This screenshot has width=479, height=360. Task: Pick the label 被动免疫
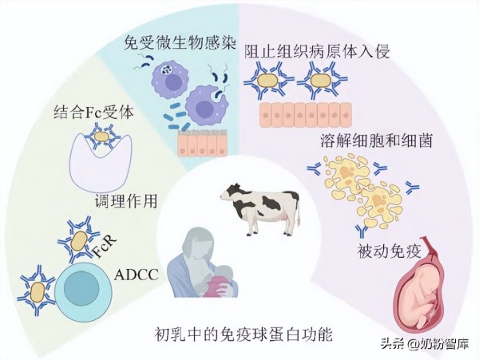[381, 255]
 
